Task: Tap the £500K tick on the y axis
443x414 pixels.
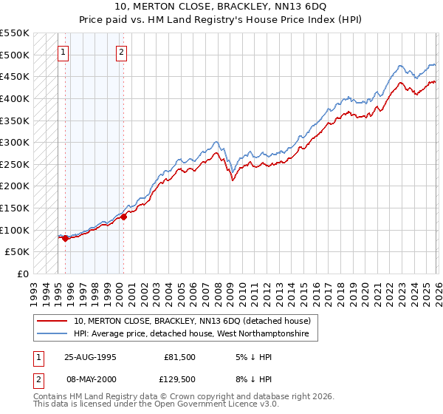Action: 15,55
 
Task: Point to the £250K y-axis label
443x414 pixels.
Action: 15,164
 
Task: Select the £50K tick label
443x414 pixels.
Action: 18,252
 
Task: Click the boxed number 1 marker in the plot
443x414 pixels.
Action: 64,52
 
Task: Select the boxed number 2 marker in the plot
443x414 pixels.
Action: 121,52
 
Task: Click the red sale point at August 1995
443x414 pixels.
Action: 65,238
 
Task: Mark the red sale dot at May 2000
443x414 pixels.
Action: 123,217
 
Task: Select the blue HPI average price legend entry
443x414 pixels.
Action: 196,335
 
